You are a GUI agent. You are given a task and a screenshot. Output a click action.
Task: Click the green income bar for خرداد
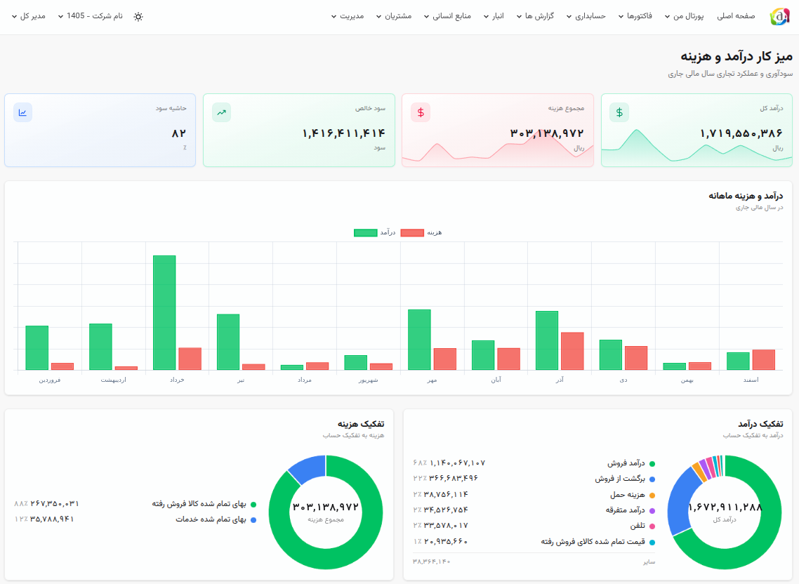[164, 312]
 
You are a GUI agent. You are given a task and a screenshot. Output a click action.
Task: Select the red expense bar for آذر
[572, 351]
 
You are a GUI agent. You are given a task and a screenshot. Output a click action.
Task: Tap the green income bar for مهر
[419, 340]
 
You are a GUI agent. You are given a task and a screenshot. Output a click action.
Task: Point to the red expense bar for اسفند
[763, 360]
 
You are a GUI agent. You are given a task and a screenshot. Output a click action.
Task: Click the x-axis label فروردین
[49, 380]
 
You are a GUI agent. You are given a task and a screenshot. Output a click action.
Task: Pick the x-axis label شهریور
[369, 380]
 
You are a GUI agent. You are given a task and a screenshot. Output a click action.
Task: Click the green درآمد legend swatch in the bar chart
[365, 232]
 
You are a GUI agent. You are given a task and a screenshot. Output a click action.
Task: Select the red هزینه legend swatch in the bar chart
[412, 232]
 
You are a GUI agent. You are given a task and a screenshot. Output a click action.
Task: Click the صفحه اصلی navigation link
[736, 16]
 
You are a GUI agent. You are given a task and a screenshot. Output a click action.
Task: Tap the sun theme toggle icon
[138, 16]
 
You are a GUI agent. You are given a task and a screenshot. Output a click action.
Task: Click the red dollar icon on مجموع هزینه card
[421, 112]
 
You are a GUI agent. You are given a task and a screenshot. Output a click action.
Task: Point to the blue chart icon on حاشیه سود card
[23, 112]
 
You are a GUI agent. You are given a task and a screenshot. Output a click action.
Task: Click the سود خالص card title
[371, 108]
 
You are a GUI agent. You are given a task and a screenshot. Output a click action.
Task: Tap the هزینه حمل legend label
[627, 495]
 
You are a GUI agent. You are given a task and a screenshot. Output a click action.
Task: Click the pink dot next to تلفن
[652, 526]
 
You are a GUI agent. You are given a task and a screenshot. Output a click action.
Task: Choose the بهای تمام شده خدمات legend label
[211, 519]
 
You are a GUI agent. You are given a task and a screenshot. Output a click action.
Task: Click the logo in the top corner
[779, 16]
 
